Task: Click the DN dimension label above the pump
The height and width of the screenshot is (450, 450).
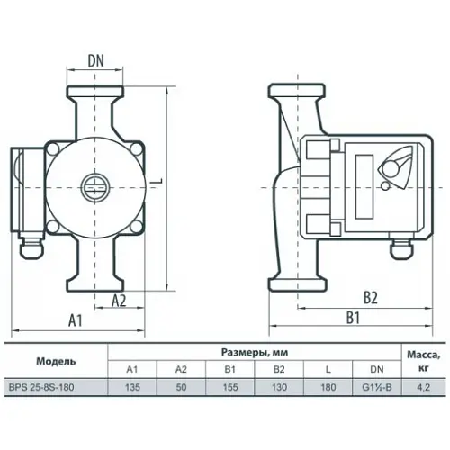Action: pyautogui.click(x=96, y=61)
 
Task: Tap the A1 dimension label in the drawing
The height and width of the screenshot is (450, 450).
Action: pyautogui.click(x=76, y=320)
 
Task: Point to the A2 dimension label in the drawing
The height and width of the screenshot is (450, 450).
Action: pyautogui.click(x=119, y=301)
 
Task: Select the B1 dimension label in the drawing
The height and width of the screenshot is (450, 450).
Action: pyautogui.click(x=354, y=318)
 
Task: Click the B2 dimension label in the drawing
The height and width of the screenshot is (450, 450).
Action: pyautogui.click(x=371, y=298)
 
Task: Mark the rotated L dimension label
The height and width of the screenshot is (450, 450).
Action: pyautogui.click(x=158, y=181)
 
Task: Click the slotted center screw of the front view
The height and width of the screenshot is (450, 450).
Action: pyautogui.click(x=94, y=188)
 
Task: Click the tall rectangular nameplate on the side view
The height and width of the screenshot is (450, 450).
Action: pyautogui.click(x=364, y=186)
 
